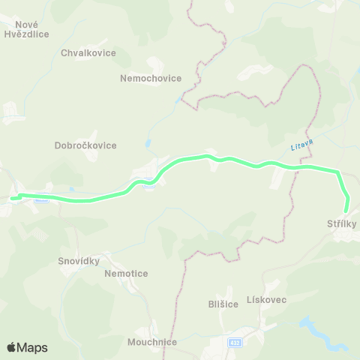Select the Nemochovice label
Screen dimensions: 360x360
click(x=150, y=77)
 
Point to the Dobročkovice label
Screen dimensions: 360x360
click(x=85, y=145)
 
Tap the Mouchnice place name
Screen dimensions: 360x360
click(x=152, y=343)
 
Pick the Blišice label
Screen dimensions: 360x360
click(x=223, y=304)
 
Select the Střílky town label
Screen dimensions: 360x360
click(x=342, y=224)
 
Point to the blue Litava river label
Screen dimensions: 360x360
click(x=300, y=142)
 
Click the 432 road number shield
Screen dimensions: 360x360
click(x=235, y=342)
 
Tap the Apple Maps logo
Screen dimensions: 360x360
click(x=27, y=347)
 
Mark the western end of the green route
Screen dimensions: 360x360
click(x=12, y=198)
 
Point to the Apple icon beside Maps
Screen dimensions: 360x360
click(x=11, y=346)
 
